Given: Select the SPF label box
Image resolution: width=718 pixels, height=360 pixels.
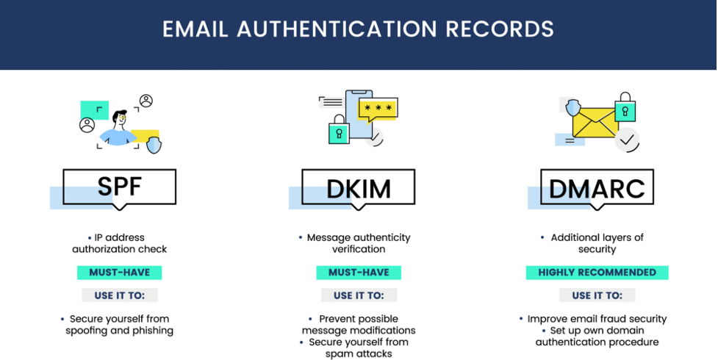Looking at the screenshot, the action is coord(120,187).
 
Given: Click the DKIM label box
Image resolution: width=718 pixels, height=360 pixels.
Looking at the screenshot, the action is coord(359,187).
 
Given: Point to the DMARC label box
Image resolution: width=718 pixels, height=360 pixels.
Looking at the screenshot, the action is coord(597,187).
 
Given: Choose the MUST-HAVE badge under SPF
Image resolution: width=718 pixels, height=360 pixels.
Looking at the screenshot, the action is coord(120,273).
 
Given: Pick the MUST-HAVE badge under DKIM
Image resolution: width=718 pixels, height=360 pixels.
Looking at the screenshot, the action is coord(359,273).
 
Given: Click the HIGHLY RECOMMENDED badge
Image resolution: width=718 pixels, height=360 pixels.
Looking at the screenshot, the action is coord(597,273).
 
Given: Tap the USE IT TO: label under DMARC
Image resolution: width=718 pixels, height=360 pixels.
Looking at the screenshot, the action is coord(597,295).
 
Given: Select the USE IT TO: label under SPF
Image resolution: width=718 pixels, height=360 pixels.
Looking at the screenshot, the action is coord(120,295).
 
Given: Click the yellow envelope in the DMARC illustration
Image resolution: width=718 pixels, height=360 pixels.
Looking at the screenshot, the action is coord(595,123).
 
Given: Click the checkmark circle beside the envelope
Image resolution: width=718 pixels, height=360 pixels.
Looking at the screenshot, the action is coord(627,140).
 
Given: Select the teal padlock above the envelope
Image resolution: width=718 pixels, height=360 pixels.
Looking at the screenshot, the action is coord(625,107).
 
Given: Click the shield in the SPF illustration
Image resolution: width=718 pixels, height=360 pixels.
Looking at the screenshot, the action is coord(154,144).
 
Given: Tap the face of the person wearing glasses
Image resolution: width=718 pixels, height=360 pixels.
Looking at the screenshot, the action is coord(121,120).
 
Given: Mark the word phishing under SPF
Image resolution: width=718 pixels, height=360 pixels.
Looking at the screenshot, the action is coord(153,331).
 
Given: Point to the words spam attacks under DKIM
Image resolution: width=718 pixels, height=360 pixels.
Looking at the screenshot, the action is coord(359,353).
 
